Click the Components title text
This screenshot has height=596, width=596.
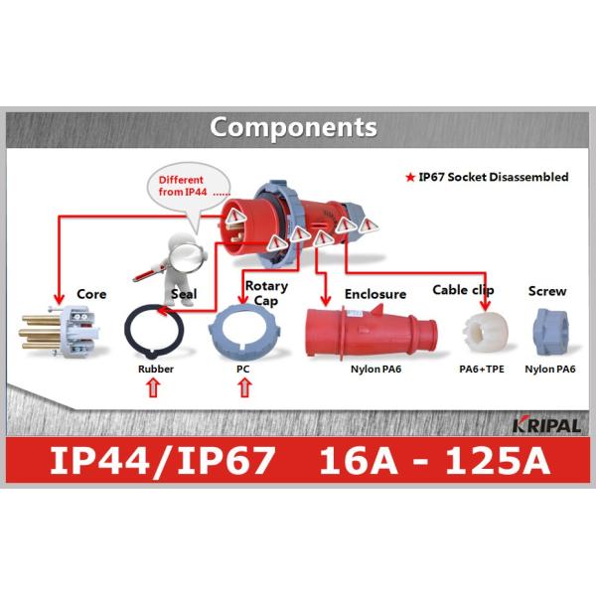293,128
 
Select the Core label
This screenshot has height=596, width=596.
91,295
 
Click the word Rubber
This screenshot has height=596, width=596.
155,370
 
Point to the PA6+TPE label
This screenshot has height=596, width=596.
480,370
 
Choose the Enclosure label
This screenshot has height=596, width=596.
374,295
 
